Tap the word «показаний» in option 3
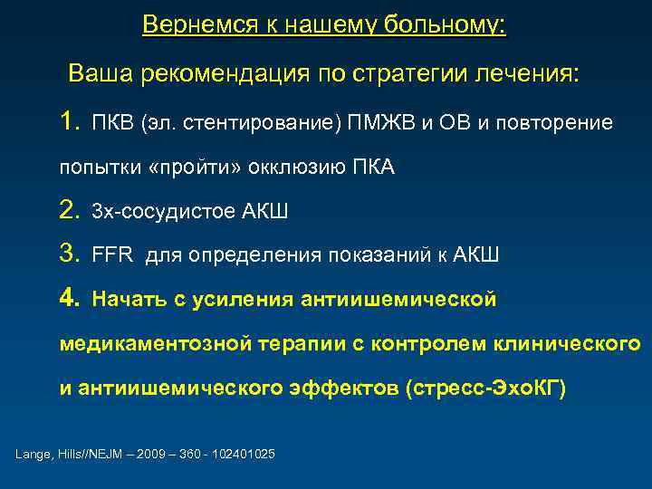[x=379, y=256]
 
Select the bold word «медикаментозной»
[x=159, y=345]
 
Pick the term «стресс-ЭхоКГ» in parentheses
[x=485, y=389]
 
